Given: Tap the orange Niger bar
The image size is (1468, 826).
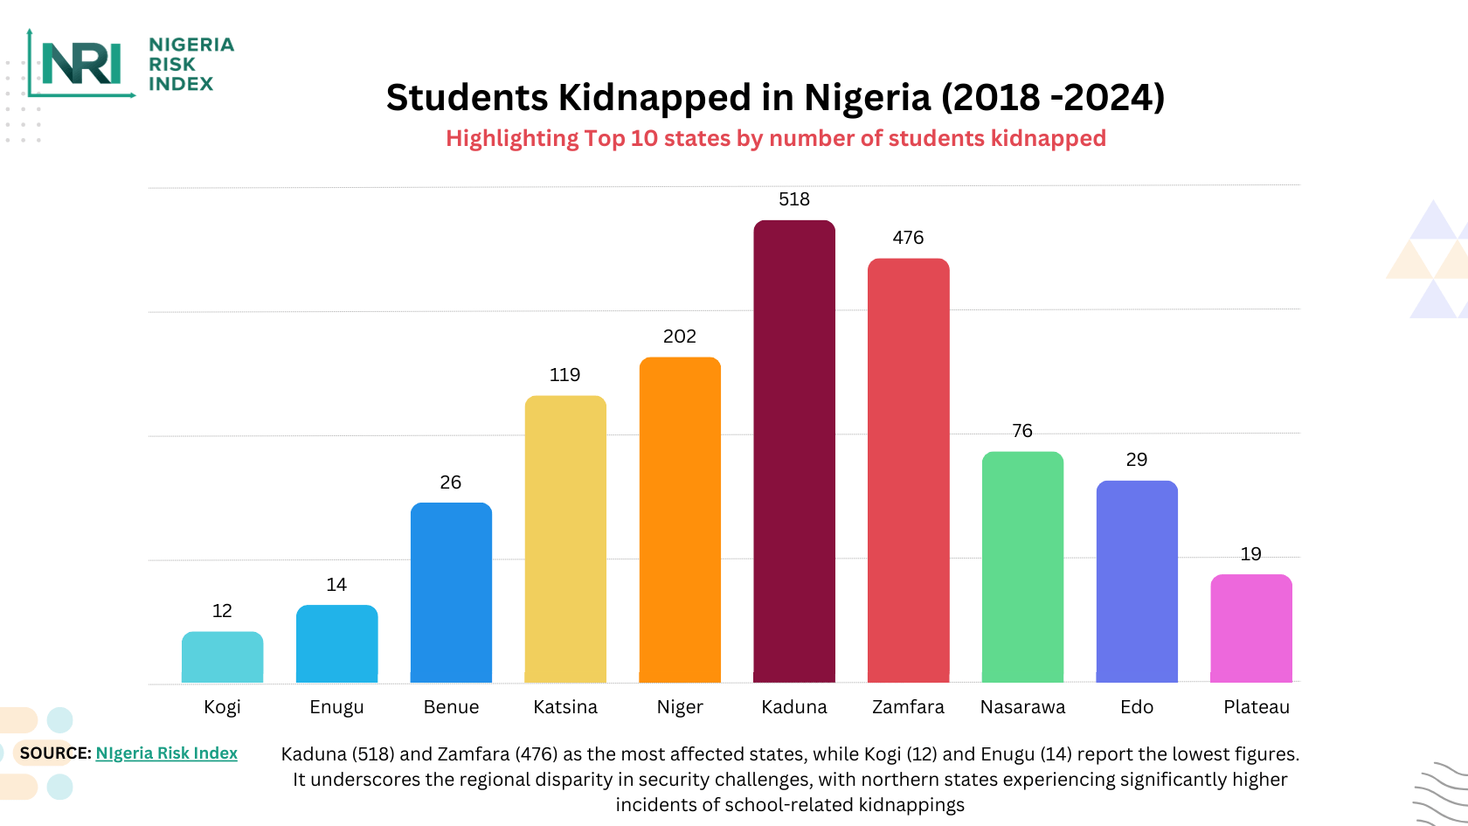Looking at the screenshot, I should pos(680,520).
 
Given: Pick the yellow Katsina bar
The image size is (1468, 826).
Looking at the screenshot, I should pos(565,539).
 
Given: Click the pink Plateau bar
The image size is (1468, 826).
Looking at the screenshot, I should pos(1250,628).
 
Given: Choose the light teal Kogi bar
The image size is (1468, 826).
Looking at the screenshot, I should pos(222,657).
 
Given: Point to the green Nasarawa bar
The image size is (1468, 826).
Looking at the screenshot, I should pos(1022,567).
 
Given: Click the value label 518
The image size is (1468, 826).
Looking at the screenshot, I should pos(794,199).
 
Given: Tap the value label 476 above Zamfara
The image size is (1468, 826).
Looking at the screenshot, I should pos(908,238).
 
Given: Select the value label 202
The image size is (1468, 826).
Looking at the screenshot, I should pos(680,337).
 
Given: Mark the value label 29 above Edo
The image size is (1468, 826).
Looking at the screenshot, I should pos(1136,460).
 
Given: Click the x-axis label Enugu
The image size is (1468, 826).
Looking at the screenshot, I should pos(336,707).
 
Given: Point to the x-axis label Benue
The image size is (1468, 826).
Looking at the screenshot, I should pos(451,707).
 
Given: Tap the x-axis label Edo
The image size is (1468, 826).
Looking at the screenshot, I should pos(1137,707).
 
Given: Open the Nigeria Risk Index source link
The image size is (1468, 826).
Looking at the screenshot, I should pos(166,753).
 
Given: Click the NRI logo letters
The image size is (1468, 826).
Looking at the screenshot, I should pos(81,64).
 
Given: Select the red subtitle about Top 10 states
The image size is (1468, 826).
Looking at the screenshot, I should pos(776,138).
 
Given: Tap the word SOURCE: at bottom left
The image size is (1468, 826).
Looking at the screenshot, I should pos(55,753).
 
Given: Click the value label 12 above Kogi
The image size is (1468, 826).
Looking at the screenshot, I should pos(222,611).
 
